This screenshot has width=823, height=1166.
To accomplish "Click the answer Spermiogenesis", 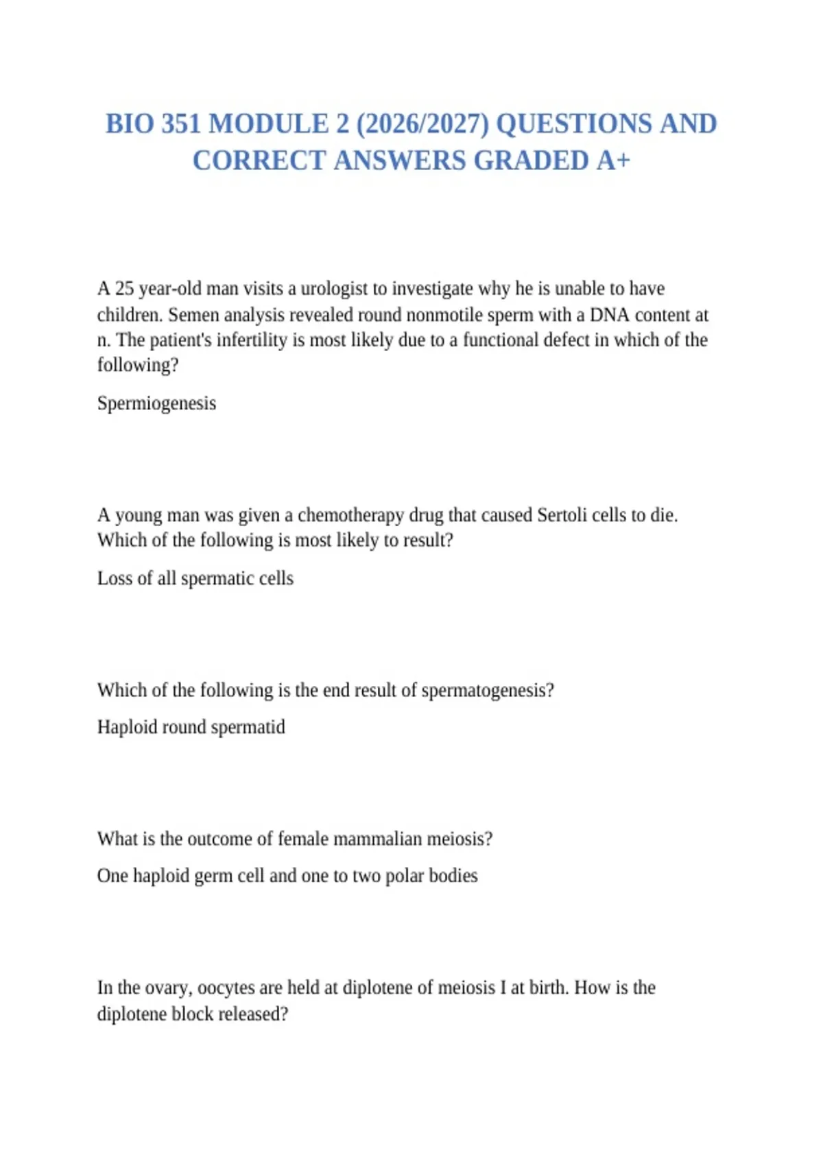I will coord(156,403).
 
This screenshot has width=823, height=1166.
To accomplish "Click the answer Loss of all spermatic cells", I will coord(195,578).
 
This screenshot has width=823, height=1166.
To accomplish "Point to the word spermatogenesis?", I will coord(488,690).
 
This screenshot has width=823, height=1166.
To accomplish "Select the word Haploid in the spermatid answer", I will coord(121,727).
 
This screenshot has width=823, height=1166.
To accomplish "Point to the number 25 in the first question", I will coord(124,289).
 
